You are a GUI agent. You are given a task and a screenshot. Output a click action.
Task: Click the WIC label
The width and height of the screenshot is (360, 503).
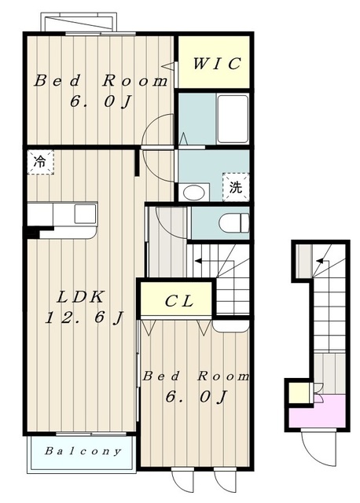click(217, 63)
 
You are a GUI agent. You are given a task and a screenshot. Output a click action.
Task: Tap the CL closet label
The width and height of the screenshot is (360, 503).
click(179, 300)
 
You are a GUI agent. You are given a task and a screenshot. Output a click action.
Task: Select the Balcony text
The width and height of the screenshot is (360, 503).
click(83, 451)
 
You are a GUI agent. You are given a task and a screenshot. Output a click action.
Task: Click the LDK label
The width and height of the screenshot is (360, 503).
click(80, 297)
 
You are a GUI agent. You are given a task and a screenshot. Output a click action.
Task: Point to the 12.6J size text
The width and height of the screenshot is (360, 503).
click(84, 318)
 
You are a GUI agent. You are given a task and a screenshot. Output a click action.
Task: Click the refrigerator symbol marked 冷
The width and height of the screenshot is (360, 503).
click(40, 162)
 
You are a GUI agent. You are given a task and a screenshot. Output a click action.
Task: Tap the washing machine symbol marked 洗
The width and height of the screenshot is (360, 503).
click(236, 187)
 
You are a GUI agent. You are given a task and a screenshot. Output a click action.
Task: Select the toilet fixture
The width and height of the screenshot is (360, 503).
click(234, 222)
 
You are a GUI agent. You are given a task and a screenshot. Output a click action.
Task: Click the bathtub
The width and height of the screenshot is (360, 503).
click(233, 119)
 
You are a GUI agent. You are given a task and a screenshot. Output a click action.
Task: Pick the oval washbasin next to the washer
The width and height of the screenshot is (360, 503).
click(193, 193)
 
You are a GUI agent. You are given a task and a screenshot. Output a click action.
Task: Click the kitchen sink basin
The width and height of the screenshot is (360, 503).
click(85, 214)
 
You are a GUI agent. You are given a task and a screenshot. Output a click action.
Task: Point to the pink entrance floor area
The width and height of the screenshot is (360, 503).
click(318, 412)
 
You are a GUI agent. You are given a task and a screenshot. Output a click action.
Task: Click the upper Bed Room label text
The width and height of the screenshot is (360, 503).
click(101, 80)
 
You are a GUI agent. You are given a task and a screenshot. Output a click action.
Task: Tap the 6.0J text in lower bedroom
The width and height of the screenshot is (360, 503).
click(196, 397)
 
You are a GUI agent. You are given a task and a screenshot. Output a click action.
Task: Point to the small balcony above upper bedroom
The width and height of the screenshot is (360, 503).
click(79, 22)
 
